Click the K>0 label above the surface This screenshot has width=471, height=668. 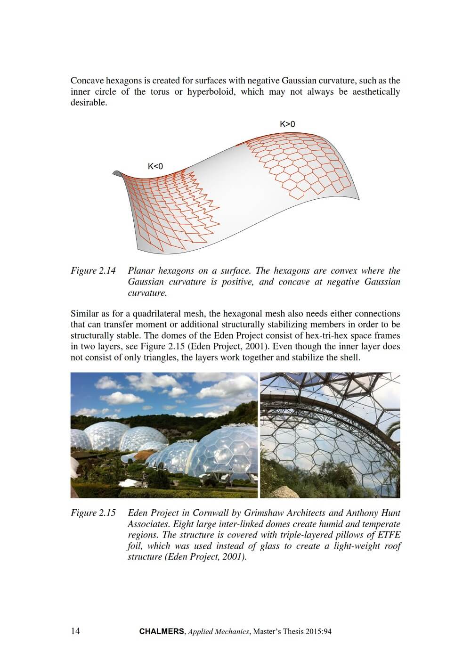click(x=287, y=124)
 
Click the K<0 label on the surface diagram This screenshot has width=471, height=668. click(x=155, y=166)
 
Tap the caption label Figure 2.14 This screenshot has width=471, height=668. click(x=93, y=271)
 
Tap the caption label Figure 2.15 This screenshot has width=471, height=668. click(x=93, y=513)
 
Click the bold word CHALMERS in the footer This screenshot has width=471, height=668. click(x=162, y=632)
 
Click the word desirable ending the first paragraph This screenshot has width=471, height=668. click(x=89, y=103)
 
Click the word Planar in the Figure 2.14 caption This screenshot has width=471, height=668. click(x=141, y=271)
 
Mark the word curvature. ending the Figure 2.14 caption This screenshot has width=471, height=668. click(x=147, y=293)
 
